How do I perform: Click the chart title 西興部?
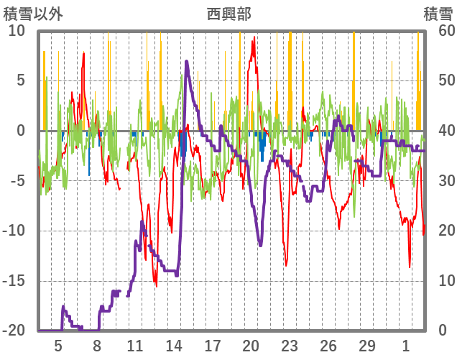pos(228,14)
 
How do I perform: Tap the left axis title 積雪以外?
pos(33,14)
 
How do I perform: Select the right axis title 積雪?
pos(437,14)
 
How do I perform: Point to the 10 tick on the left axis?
pos(17,31)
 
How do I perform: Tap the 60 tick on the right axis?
pos(439,31)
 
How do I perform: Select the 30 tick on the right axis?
pos(439,181)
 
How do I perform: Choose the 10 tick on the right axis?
pos(439,280)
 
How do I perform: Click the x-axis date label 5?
pos(58,346)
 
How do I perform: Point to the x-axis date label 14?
pos(174,346)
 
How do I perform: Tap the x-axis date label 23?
pos(290,346)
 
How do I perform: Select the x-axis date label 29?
pos(366,346)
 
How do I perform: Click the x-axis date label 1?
pos(405,346)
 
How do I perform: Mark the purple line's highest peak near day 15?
pos(186,61)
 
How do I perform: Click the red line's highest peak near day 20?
pos(254,38)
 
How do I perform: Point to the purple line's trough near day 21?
pos(260,245)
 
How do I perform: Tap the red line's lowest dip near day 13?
pos(156,285)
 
